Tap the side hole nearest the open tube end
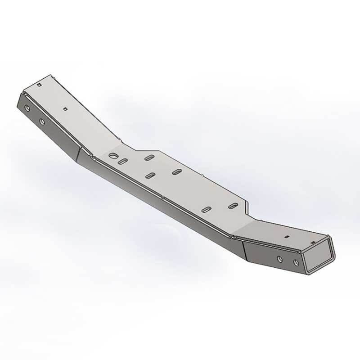(x=296, y=262)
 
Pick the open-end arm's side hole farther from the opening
(x=280, y=259)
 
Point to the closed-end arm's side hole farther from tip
(x=42, y=121)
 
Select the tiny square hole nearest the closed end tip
(x=40, y=85)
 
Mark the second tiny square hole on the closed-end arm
(x=66, y=108)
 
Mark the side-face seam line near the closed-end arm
(x=77, y=156)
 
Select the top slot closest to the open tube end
(x=233, y=205)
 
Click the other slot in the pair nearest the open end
(x=207, y=210)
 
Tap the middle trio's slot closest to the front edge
(x=152, y=174)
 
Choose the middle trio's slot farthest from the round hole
(x=177, y=171)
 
